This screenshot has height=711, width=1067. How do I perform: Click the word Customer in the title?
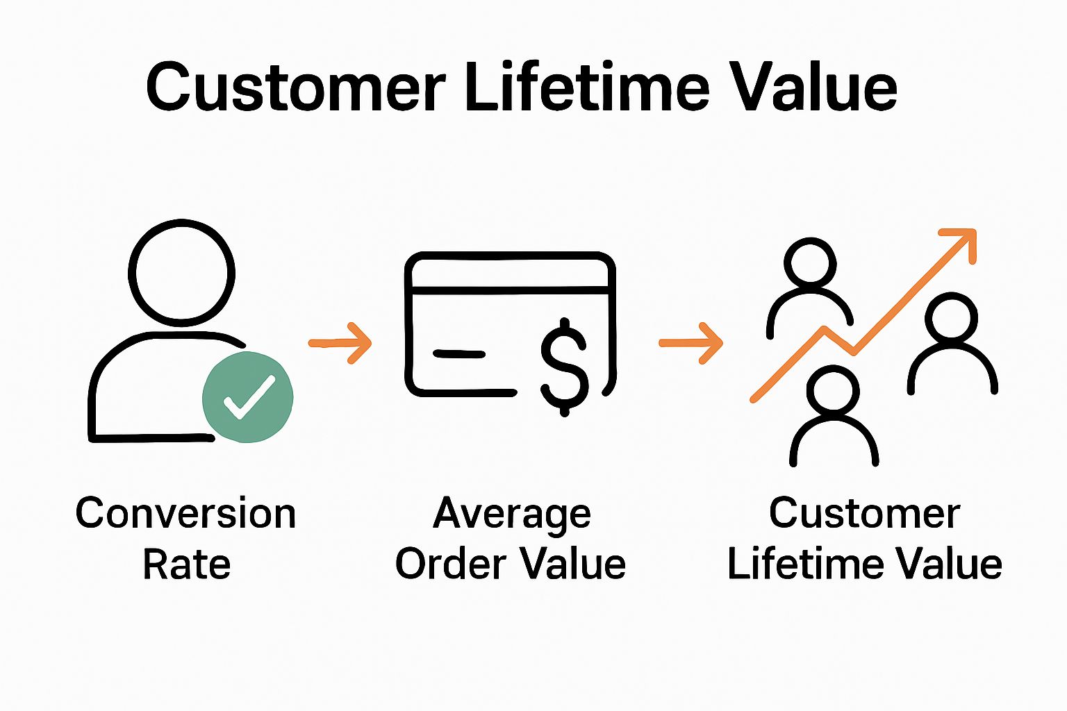tap(295, 87)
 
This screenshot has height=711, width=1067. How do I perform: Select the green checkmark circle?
tap(247, 397)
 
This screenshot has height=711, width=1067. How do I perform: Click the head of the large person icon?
tap(182, 273)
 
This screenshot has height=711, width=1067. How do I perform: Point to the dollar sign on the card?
tap(564, 366)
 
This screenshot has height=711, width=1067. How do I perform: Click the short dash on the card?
tap(458, 354)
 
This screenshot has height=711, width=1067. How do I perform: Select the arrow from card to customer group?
tap(691, 342)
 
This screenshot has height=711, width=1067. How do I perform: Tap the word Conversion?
tap(185, 514)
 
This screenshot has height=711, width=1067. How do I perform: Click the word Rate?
tap(186, 564)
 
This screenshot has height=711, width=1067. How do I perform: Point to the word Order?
tap(447, 564)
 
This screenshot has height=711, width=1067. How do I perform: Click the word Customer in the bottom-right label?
tap(864, 514)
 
